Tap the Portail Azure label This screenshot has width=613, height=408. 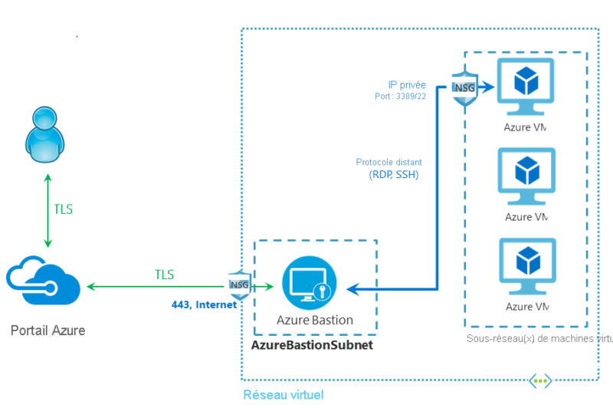click(x=48, y=331)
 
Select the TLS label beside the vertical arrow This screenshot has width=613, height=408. click(x=64, y=209)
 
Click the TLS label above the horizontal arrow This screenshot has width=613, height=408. click(x=164, y=275)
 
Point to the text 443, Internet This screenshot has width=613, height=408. click(x=204, y=304)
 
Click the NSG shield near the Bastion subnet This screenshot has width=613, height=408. click(x=237, y=285)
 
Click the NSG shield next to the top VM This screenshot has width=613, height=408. click(x=464, y=87)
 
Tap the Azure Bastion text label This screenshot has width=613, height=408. click(x=315, y=320)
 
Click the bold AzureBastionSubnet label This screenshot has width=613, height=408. click(x=312, y=345)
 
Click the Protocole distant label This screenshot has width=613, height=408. click(x=388, y=163)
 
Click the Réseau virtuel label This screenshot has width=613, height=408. click(x=283, y=395)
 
